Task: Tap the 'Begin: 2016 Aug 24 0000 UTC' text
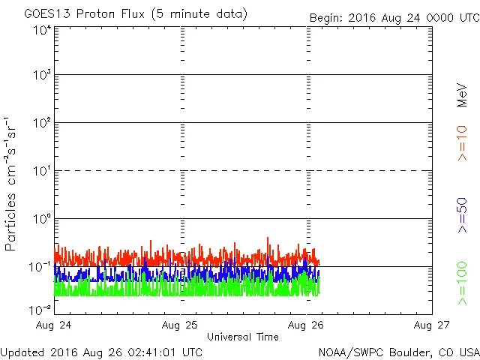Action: point(394,17)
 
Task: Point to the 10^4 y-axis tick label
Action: point(41,30)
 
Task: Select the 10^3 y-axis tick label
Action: point(41,76)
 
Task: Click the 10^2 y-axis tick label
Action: point(41,124)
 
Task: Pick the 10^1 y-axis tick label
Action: point(41,172)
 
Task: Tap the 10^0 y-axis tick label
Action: point(41,220)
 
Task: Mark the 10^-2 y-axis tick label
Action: point(40,308)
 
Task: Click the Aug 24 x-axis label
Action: point(55,325)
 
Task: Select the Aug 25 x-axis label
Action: point(181,325)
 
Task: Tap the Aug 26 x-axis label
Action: point(307,325)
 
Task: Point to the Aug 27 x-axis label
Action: point(431,325)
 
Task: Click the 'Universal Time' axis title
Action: point(243,337)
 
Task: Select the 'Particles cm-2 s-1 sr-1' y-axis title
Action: point(12,184)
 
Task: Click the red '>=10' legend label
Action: point(463,142)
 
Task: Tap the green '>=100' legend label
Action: point(463,283)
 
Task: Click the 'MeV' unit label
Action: point(463,95)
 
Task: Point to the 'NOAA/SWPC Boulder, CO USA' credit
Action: point(398,352)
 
